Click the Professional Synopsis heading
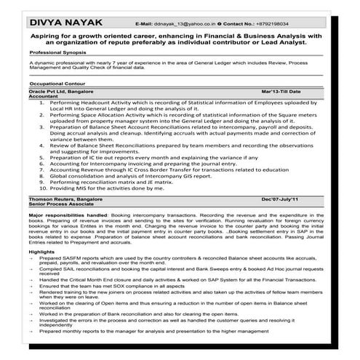click(x=58, y=53)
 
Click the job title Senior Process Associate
click(x=63, y=204)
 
